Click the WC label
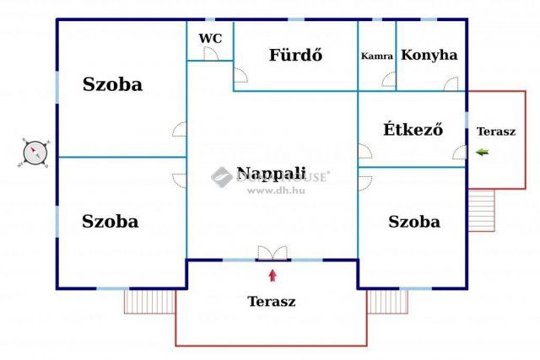pyautogui.click(x=209, y=38)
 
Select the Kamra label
pyautogui.click(x=376, y=56)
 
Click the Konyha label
pyautogui.click(x=429, y=56)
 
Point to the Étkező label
pyautogui.click(x=413, y=130)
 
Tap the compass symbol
pyautogui.click(x=35, y=153)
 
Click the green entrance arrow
pyautogui.click(x=482, y=152)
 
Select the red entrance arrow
pyautogui.click(x=272, y=274)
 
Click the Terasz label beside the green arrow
pyautogui.click(x=495, y=132)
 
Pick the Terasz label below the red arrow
pyautogui.click(x=271, y=301)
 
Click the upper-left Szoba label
pyautogui.click(x=112, y=84)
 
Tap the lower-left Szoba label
pyautogui.click(x=111, y=222)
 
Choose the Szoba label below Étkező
pyautogui.click(x=413, y=222)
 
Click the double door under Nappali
pyautogui.click(x=272, y=253)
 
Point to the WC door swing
pyautogui.click(x=212, y=53)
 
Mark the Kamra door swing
pyautogui.click(x=388, y=81)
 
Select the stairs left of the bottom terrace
pyautogui.click(x=149, y=301)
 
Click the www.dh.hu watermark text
pyautogui.click(x=275, y=191)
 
